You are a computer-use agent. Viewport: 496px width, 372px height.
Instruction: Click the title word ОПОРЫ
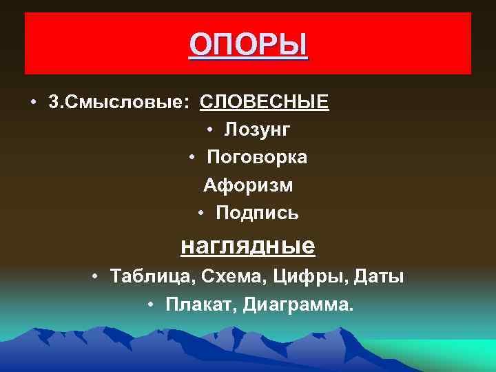[249, 45]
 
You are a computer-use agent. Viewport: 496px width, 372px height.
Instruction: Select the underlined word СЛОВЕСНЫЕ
[264, 103]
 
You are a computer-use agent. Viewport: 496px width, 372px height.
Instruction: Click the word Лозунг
[257, 130]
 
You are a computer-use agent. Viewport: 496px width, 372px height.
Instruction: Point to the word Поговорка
[257, 158]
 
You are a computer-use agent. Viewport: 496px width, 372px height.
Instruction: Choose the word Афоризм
[248, 186]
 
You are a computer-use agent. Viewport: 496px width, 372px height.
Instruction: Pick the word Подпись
[257, 214]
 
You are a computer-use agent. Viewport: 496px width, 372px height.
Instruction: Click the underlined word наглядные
[247, 245]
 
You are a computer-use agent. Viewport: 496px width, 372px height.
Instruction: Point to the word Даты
[378, 277]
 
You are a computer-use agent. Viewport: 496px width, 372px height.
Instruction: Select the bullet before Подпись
[200, 214]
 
